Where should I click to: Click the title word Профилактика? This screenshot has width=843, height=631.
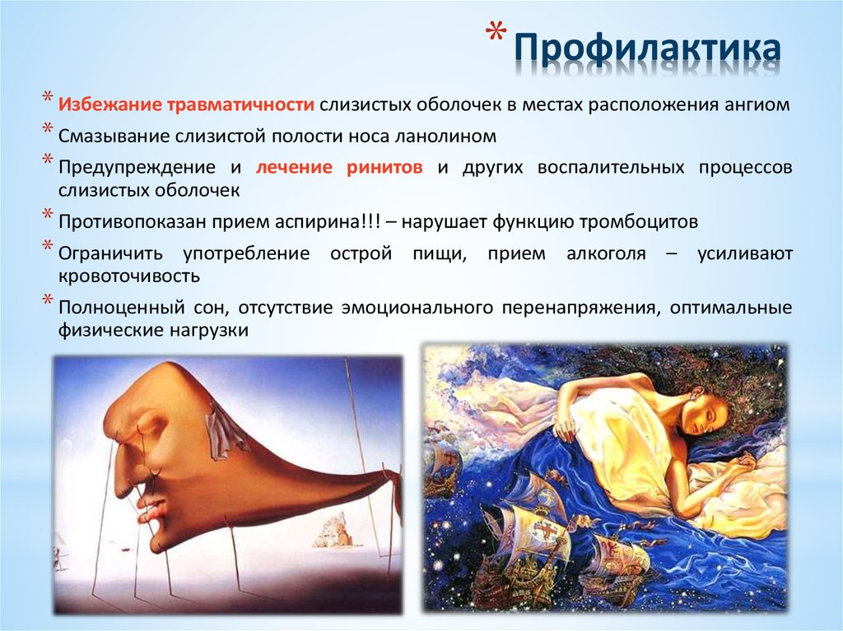pyautogui.click(x=648, y=49)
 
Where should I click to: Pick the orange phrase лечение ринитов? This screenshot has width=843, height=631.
pyautogui.click(x=339, y=167)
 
